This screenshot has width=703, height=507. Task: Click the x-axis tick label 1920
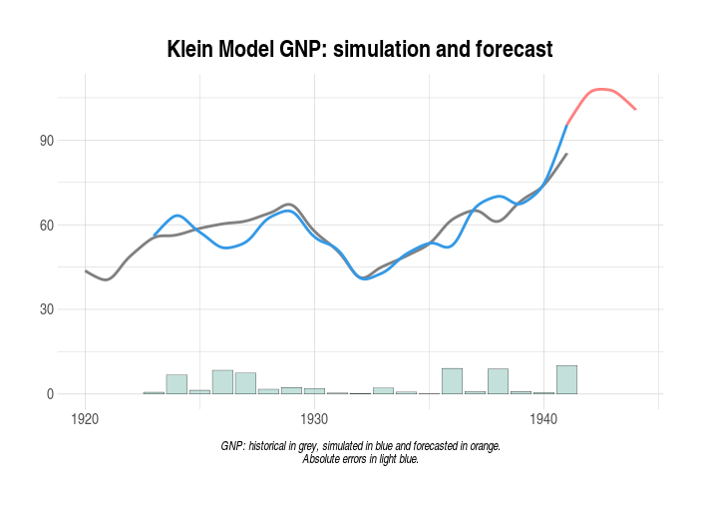85,419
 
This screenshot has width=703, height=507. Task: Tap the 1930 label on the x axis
314,419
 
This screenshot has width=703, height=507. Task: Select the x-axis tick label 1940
543,419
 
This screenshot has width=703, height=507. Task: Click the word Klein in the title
193,49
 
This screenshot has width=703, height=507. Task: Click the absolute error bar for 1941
566,380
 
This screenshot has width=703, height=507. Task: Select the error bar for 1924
176,384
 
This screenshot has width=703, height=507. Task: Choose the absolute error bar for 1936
452,381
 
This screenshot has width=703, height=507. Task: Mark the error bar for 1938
498,381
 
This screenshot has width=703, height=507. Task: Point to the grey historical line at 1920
86,270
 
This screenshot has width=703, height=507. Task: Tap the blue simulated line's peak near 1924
177,215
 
